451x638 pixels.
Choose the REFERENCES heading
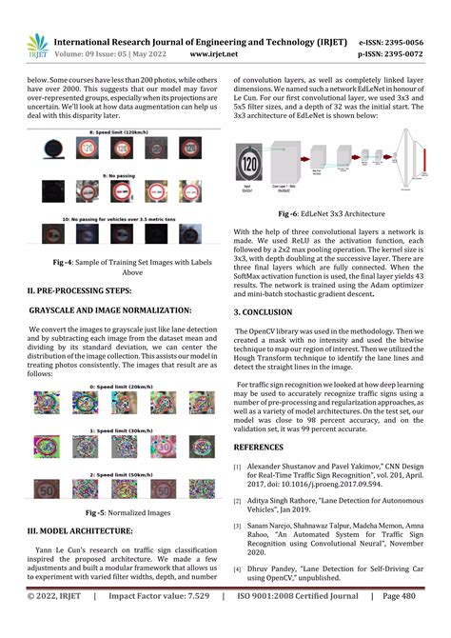[x=265, y=444]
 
